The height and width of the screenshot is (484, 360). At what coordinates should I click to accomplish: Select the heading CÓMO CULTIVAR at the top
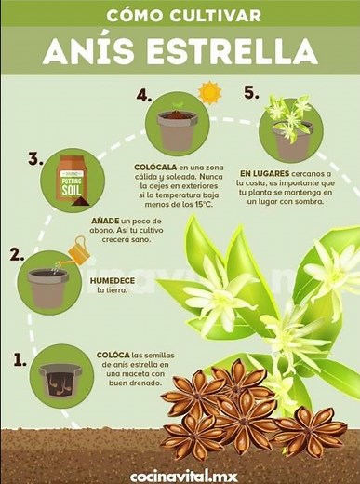[x=180, y=16]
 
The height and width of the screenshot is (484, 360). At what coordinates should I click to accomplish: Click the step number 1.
[x=20, y=357]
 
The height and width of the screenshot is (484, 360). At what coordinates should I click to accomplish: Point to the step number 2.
[x=16, y=254]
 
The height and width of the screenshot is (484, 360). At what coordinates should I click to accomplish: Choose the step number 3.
[x=35, y=159]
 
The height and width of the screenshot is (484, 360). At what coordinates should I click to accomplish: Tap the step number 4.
[x=142, y=95]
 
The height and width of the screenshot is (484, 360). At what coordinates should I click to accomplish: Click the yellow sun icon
[x=208, y=93]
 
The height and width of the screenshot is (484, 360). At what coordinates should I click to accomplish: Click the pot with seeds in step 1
[x=61, y=376]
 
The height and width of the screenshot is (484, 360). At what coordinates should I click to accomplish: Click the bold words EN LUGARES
[x=264, y=173]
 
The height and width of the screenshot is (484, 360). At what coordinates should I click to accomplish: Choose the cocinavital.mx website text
[x=183, y=475]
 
